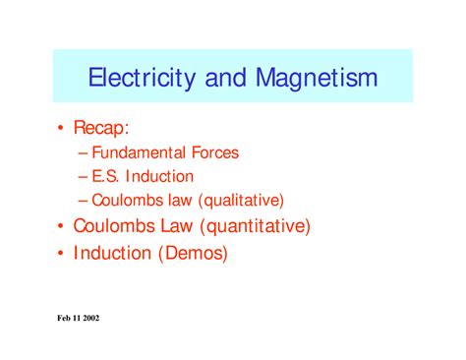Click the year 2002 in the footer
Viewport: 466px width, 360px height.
pos(100,319)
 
